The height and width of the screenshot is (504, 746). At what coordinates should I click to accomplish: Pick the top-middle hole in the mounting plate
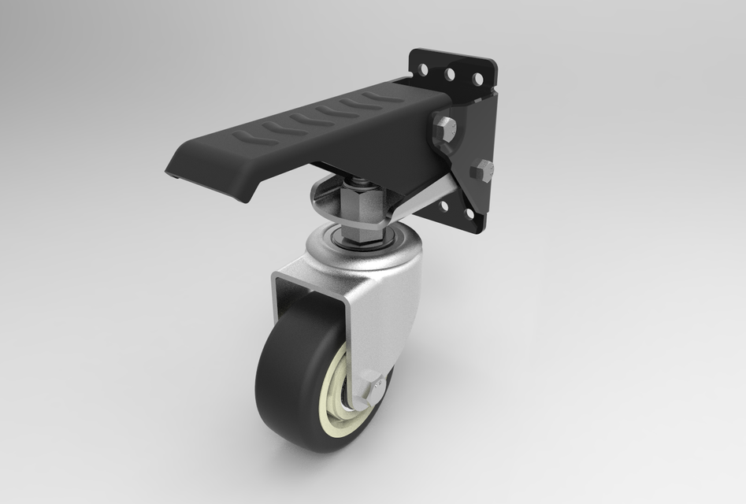click(450, 75)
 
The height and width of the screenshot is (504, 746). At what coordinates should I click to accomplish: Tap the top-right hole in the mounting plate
click(477, 79)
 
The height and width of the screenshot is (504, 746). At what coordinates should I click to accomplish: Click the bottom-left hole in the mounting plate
click(444, 206)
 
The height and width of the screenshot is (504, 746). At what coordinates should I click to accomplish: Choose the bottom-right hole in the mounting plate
click(470, 213)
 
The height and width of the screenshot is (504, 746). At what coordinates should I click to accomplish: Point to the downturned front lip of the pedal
click(209, 177)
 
